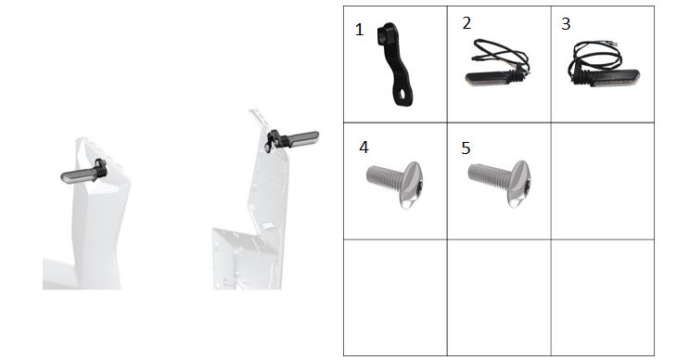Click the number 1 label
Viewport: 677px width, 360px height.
359,30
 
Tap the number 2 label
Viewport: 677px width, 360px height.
466,23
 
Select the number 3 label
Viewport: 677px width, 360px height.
566,24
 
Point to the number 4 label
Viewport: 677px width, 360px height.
364,148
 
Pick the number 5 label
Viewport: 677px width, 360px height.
466,148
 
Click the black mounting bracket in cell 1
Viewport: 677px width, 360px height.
396,65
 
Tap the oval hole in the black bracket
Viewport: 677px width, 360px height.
402,95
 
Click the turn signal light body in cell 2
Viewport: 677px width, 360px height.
487,79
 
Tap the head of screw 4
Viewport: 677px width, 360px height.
414,184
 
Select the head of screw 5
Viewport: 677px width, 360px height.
518,183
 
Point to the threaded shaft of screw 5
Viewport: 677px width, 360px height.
489,175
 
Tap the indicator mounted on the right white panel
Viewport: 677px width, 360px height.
293,139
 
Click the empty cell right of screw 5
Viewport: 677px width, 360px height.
603,181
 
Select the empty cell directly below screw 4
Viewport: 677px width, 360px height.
395,297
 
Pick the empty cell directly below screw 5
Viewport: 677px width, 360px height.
499,297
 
